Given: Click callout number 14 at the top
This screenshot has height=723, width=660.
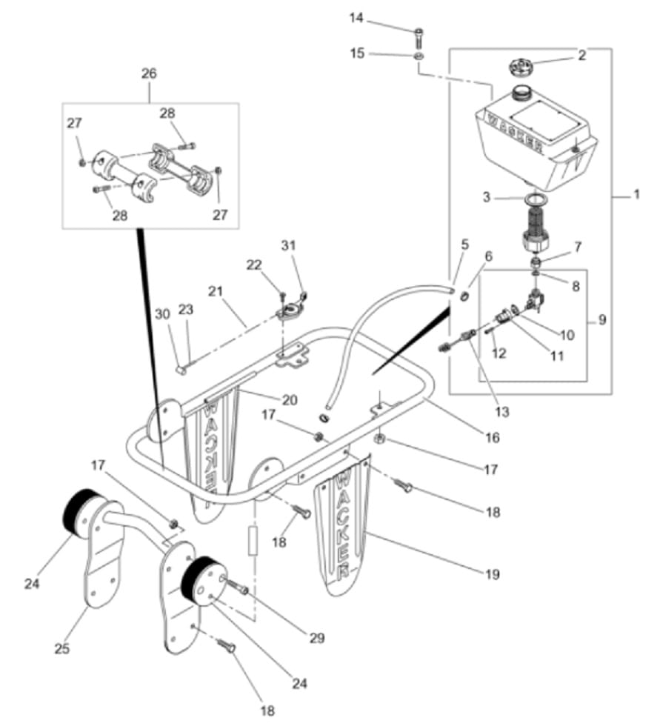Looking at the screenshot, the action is point(356,18).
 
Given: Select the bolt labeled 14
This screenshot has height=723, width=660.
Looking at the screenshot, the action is point(419,37).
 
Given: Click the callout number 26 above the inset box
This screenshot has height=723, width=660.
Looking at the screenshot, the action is point(149,73).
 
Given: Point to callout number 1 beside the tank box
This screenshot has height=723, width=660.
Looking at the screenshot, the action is point(636,194).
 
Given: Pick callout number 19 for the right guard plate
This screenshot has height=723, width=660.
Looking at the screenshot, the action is point(492,574).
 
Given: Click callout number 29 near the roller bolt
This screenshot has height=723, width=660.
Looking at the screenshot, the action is point(316,638).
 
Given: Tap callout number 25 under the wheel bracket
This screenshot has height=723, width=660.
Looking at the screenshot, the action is point(61,648).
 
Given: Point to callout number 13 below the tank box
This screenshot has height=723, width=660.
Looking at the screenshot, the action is point(501,411).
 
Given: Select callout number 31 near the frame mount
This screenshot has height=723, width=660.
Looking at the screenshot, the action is point(288,245).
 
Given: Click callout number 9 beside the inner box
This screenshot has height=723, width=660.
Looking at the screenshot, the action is point(602,319).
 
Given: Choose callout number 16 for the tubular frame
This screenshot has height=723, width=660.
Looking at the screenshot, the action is point(492,437).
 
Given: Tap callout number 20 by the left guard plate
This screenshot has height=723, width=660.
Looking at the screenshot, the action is point(290,400).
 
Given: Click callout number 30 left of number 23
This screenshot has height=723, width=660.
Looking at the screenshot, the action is point(162,314).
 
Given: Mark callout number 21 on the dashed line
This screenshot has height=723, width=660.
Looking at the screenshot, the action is point(216,291).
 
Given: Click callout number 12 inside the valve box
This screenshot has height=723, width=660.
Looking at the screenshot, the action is point(499,353).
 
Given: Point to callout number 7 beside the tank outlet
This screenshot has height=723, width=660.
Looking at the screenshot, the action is point(578,247).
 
